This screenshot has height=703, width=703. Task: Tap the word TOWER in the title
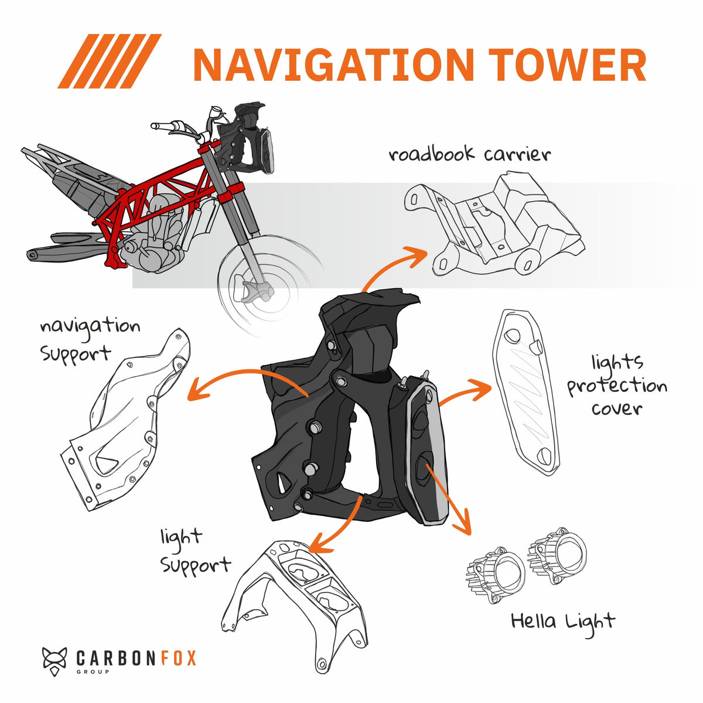coord(567,64)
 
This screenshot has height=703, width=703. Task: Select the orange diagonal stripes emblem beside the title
coord(110,61)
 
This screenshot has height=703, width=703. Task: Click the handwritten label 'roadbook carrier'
coord(469,153)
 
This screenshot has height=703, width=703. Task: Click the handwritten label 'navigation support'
coord(90,341)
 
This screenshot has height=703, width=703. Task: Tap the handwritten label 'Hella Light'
coord(563,622)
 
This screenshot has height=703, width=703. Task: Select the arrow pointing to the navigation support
coord(244,378)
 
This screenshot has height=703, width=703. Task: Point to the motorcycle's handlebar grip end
coord(155,126)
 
